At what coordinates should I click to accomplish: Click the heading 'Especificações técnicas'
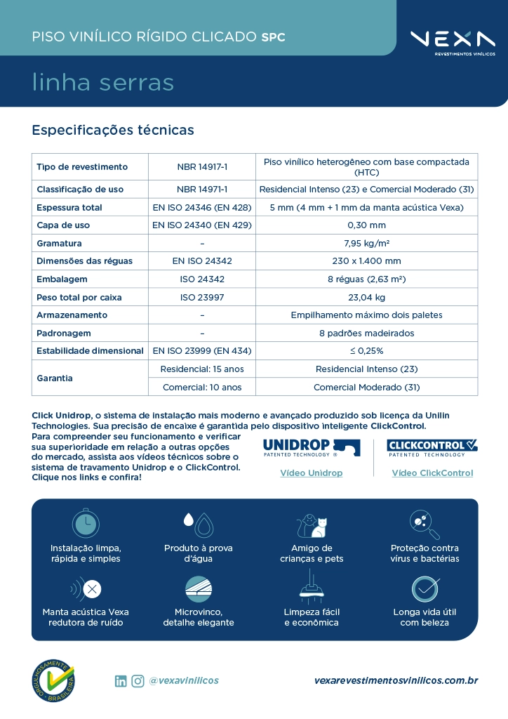(x=113, y=130)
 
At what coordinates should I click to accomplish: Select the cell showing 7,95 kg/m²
(x=366, y=243)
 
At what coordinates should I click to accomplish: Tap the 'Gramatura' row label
(x=59, y=243)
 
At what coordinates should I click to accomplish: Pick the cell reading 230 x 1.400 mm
(x=366, y=261)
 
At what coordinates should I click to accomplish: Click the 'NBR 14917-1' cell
(x=202, y=166)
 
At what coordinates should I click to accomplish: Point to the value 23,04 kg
(x=366, y=297)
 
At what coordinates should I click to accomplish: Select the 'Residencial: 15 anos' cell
(x=202, y=369)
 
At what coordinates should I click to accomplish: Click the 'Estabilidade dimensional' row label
(x=88, y=350)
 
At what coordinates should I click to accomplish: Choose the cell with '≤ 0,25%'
(x=366, y=350)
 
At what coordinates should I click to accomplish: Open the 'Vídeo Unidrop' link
(x=311, y=473)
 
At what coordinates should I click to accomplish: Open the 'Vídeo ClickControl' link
(x=432, y=473)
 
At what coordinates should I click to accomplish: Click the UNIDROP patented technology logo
(x=311, y=447)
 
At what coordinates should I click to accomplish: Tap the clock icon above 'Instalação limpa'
(x=86, y=523)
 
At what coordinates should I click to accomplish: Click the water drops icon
(x=198, y=523)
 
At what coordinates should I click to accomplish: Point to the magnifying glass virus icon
(x=425, y=524)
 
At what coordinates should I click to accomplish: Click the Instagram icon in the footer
(x=138, y=680)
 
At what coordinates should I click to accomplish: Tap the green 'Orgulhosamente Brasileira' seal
(x=53, y=680)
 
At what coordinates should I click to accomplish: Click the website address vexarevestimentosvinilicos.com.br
(x=396, y=680)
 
